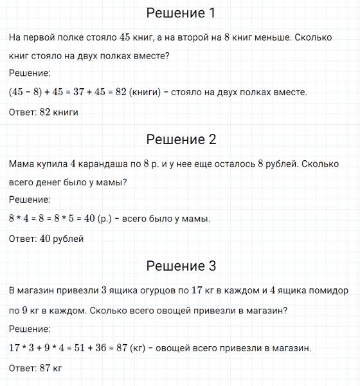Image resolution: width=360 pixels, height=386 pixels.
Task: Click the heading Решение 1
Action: [181, 14]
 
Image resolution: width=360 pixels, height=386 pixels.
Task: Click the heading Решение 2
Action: [181, 140]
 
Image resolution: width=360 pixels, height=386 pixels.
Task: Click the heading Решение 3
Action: [181, 266]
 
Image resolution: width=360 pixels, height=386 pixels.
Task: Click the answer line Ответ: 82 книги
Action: [44, 112]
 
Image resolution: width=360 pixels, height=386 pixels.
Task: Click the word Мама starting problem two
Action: [22, 164]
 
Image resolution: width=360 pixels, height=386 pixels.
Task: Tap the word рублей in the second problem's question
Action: [284, 164]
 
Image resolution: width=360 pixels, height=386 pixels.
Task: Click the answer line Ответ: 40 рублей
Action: [46, 239]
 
